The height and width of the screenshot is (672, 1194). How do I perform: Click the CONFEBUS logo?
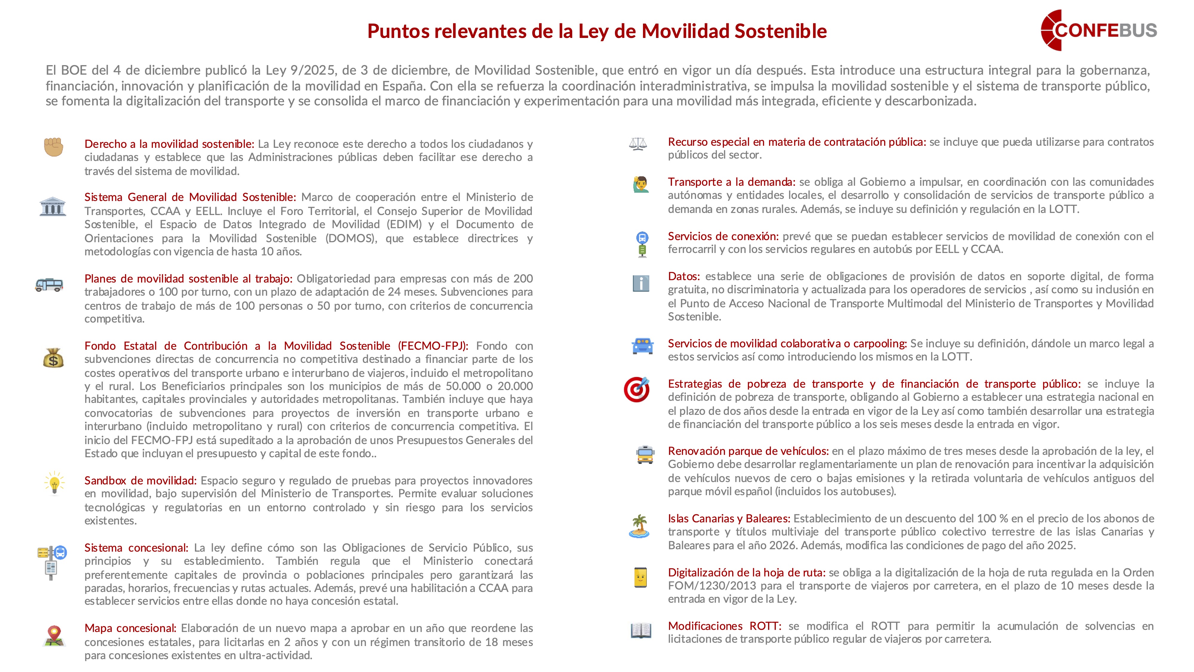pyautogui.click(x=1098, y=30)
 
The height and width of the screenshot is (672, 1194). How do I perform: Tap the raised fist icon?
pyautogui.click(x=53, y=147)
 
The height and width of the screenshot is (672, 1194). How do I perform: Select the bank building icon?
pyautogui.click(x=53, y=206)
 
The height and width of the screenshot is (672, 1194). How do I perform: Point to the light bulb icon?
pyautogui.click(x=54, y=483)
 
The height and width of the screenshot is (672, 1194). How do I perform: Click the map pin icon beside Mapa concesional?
pyautogui.click(x=54, y=635)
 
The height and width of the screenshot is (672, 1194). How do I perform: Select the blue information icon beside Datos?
pyautogui.click(x=641, y=283)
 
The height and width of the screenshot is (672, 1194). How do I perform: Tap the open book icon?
pyautogui.click(x=641, y=630)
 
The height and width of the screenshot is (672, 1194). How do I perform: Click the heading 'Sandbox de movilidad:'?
pyautogui.click(x=140, y=481)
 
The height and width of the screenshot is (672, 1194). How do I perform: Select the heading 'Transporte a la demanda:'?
pyautogui.click(x=731, y=182)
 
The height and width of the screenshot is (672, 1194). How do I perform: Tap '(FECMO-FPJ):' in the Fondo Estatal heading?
pyautogui.click(x=433, y=346)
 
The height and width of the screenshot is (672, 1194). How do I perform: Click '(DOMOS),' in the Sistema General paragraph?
pyautogui.click(x=352, y=238)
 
